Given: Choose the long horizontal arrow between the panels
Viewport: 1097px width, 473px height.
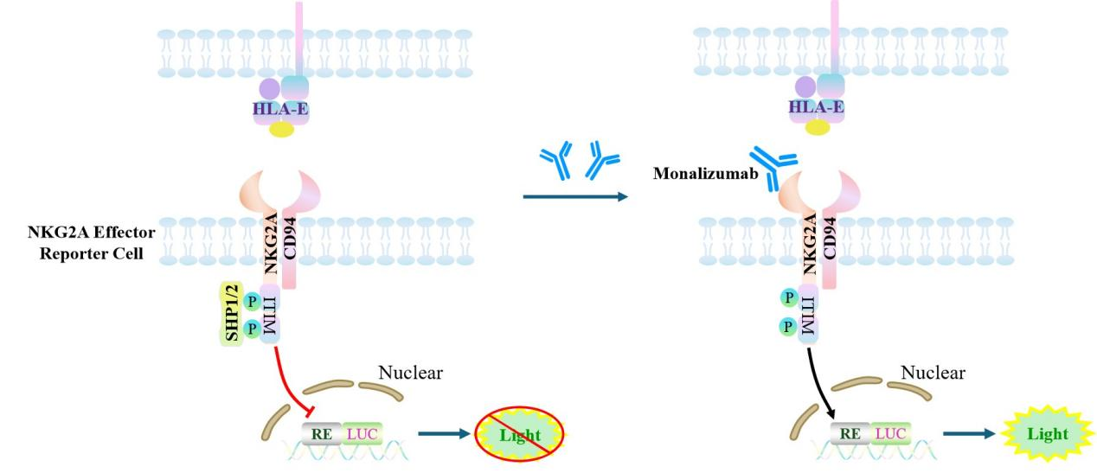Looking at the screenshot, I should pos(575,198).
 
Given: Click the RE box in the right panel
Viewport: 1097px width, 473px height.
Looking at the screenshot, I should pos(852,431).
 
